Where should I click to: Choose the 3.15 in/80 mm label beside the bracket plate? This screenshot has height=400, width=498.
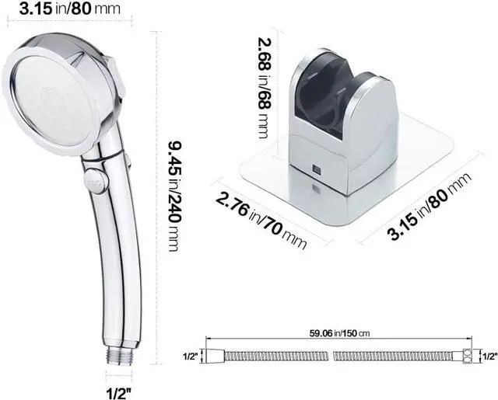[429, 207]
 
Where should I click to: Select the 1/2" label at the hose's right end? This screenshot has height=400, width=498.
[489, 357]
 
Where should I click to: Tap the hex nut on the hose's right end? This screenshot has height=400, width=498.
[466, 357]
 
